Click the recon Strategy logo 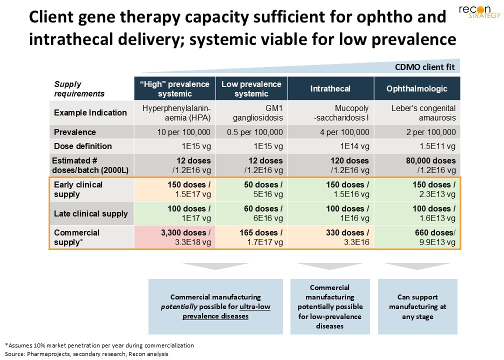(479, 11)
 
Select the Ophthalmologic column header (417, 88)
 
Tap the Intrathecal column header (330, 88)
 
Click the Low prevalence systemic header (251, 88)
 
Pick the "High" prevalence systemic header (175, 88)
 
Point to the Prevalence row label (75, 132)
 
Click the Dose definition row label (83, 146)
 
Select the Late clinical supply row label (91, 214)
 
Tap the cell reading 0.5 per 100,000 (251, 132)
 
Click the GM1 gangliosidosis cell (251, 113)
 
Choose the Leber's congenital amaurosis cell (417, 113)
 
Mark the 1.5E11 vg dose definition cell (417, 146)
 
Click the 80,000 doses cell (417, 165)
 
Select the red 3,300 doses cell (175, 237)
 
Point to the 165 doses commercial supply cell (251, 237)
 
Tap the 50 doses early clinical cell (251, 189)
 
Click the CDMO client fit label (424, 67)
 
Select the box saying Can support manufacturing (417, 306)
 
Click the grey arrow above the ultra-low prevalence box (215, 266)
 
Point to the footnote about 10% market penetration (99, 345)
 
